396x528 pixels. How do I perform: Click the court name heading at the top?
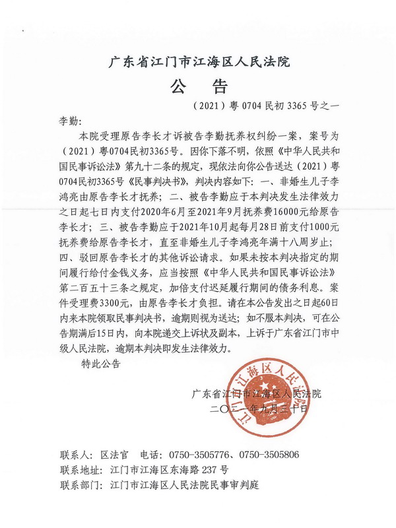click(199, 63)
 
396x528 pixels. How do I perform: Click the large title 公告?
click(198, 86)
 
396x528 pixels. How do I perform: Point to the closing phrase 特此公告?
click(100, 364)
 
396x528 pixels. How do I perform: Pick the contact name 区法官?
click(113, 455)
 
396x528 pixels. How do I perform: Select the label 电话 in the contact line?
click(150, 455)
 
